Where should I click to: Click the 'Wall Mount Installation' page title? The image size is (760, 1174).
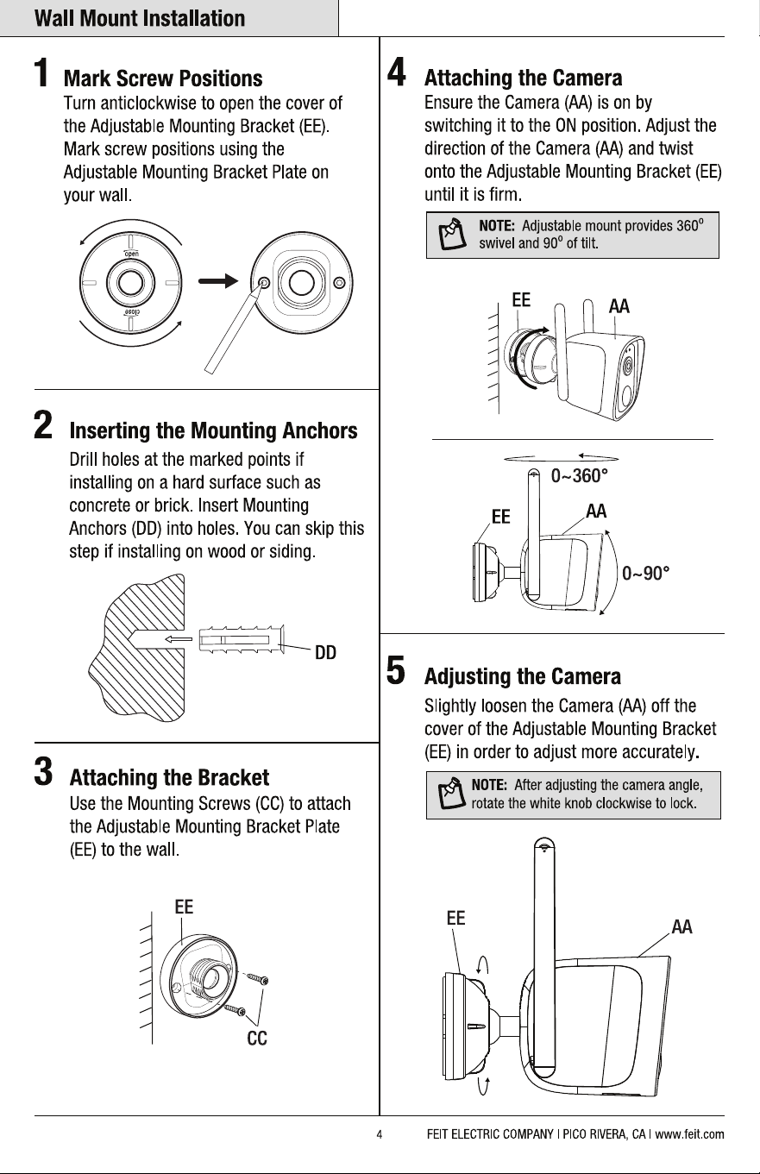click(140, 18)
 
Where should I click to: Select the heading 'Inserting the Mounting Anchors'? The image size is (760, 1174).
click(213, 430)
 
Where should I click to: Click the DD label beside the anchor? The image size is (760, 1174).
click(325, 652)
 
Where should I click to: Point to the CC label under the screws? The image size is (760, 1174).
click(257, 1038)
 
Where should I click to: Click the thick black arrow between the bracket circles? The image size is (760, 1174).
click(218, 281)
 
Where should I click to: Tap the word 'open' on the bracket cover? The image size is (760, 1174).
click(131, 254)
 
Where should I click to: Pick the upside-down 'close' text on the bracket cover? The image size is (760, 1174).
click(131, 313)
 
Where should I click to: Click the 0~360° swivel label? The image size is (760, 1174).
click(579, 476)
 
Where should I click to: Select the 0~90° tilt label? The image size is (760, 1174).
click(646, 574)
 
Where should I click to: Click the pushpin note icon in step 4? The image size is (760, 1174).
click(452, 235)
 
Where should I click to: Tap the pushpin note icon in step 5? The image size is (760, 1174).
click(452, 794)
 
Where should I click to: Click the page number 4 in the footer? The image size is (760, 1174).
click(380, 1134)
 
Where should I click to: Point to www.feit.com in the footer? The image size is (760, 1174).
click(689, 1134)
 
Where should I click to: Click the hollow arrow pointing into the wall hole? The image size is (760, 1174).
click(179, 639)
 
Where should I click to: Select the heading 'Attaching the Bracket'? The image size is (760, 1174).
click(169, 778)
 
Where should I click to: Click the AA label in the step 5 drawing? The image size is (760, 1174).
click(681, 927)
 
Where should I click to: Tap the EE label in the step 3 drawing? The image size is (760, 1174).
click(184, 907)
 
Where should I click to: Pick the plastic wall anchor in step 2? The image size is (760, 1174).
click(242, 639)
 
